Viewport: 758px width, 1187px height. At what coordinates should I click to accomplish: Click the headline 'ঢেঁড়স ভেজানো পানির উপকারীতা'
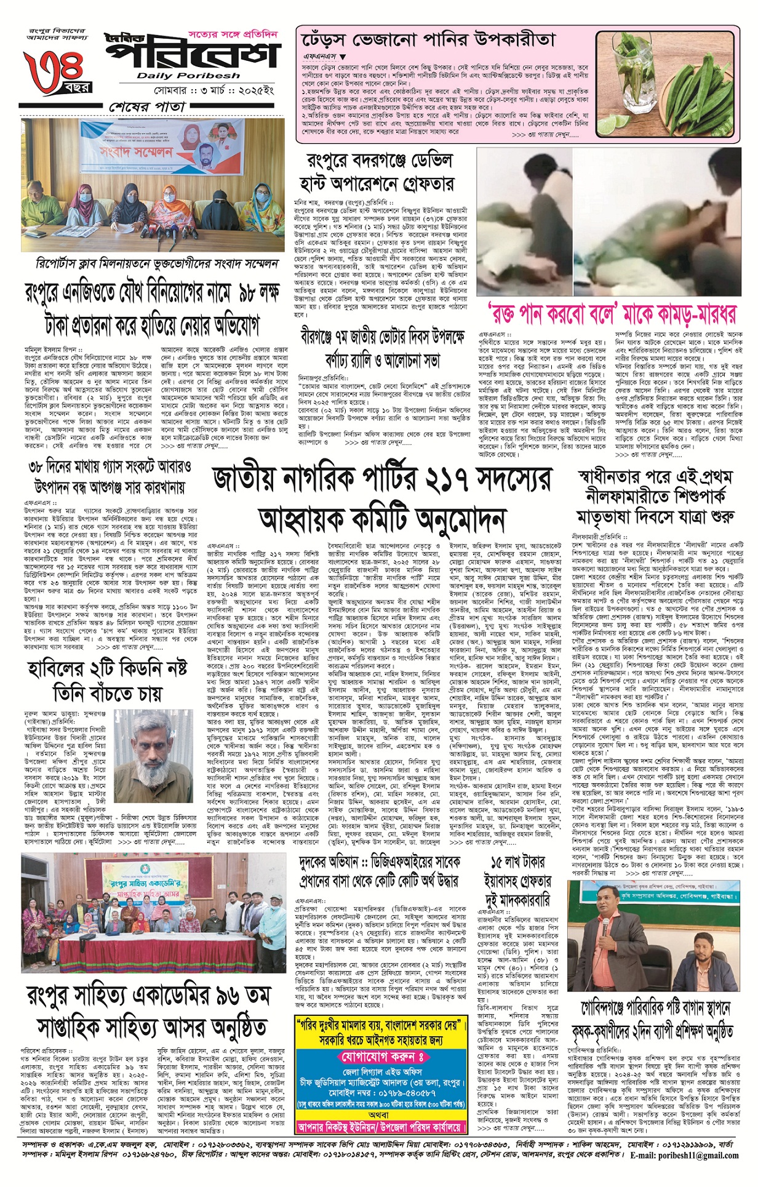click(429, 41)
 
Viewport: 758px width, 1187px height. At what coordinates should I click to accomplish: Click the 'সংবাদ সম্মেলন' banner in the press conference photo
click(128, 152)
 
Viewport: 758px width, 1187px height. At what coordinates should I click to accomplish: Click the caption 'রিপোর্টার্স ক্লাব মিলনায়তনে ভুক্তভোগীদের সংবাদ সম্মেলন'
click(156, 264)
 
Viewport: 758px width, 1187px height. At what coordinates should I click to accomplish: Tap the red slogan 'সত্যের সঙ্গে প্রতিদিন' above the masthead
click(233, 34)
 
